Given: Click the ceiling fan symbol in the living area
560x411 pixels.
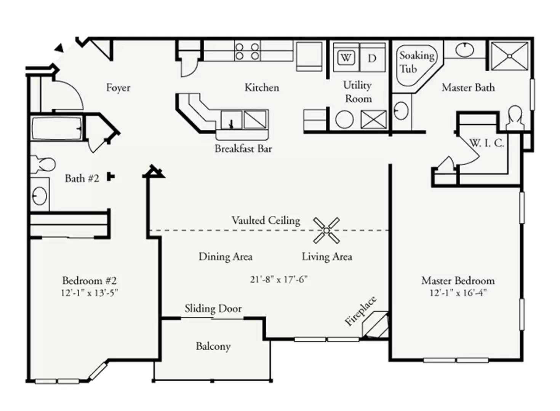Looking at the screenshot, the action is (326, 230).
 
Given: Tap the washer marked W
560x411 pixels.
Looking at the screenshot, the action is (346, 58).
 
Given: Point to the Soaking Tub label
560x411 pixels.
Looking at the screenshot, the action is (417, 62).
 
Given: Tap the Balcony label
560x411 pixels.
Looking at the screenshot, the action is (213, 346).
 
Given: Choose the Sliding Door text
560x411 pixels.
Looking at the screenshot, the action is (213, 309).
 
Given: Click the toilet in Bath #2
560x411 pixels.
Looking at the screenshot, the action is (43, 164).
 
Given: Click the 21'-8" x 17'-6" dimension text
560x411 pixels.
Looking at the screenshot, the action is (279, 280).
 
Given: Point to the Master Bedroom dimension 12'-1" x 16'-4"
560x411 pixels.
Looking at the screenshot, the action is (458, 293).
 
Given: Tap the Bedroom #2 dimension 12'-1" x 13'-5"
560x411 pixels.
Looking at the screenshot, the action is (89, 293).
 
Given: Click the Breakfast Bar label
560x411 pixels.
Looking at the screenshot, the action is (243, 149).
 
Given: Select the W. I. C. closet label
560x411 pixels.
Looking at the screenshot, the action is (486, 143).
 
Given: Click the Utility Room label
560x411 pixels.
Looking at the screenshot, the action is (357, 92).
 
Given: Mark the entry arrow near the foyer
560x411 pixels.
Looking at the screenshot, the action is (59, 48).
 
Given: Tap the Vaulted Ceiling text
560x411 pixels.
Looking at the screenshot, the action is (266, 220).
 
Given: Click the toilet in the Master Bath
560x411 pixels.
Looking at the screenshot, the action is (515, 118).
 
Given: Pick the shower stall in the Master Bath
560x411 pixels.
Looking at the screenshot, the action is (509, 56).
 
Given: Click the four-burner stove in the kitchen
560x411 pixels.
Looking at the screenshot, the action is (247, 51).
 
